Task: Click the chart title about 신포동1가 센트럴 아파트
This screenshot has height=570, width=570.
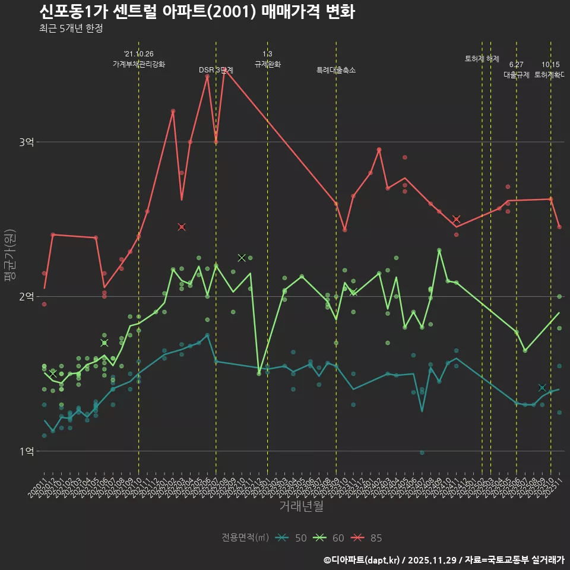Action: [x=197, y=11]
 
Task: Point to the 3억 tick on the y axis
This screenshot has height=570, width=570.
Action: [x=27, y=142]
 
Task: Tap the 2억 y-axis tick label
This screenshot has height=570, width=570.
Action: [x=27, y=297]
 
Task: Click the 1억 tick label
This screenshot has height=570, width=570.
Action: [x=27, y=451]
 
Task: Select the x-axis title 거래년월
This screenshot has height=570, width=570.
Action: [x=302, y=506]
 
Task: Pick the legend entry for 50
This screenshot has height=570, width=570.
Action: [x=292, y=538]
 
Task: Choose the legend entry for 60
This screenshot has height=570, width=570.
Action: [x=330, y=538]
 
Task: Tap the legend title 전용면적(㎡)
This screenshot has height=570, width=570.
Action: [x=245, y=538]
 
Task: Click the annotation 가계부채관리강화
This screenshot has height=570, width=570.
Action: [x=139, y=64]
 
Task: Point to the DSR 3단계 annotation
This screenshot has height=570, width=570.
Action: [x=216, y=70]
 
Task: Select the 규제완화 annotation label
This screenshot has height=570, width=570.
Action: [x=267, y=64]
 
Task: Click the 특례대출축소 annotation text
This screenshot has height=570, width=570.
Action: [x=336, y=70]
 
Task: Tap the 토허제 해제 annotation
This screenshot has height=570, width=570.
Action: [x=482, y=59]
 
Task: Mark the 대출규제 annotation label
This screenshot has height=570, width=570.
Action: [x=517, y=75]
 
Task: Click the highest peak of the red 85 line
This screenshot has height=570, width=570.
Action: [x=224, y=70]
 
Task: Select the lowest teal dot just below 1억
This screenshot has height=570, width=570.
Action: [x=422, y=452]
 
